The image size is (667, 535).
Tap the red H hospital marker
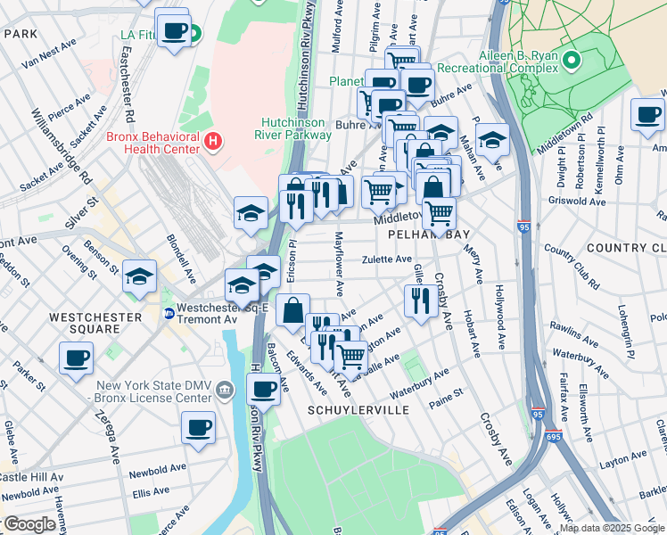point(212,140)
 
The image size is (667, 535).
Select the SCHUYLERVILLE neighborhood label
point(358,409)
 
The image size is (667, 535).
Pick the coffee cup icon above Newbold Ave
point(198,425)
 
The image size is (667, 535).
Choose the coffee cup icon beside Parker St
point(76,358)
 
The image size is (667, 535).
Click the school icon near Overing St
point(139,276)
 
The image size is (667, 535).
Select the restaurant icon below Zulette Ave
point(418,300)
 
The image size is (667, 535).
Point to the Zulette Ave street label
point(386,259)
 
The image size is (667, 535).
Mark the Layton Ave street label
point(622,464)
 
